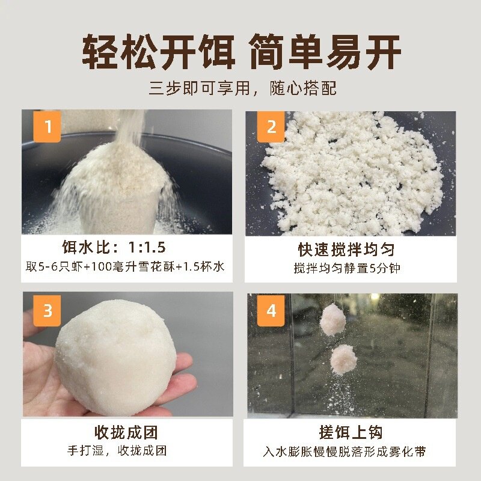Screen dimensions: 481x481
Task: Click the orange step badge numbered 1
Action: (47, 126)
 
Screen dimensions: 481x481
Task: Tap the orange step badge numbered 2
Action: (271, 127)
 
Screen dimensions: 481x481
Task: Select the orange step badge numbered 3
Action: (47, 310)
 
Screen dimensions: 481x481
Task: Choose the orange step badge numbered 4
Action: (271, 310)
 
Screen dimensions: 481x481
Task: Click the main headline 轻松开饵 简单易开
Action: (242, 51)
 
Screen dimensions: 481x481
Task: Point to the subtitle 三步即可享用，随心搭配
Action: (243, 88)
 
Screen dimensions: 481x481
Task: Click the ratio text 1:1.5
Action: (147, 247)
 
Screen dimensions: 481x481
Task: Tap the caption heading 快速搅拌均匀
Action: (347, 250)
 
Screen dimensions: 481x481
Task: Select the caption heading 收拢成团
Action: (126, 432)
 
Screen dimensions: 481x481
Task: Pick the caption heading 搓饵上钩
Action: (351, 432)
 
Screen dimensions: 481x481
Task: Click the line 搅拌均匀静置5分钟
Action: (347, 268)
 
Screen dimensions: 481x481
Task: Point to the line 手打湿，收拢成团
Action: (117, 450)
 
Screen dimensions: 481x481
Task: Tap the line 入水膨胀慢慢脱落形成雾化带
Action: (345, 452)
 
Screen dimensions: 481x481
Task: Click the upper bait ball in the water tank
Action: (333, 320)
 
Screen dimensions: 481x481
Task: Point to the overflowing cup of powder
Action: (117, 190)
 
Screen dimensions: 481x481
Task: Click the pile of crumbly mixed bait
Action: (353, 172)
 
